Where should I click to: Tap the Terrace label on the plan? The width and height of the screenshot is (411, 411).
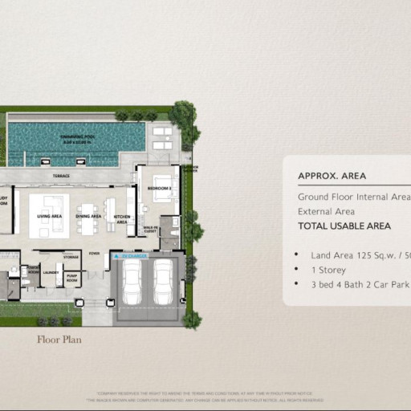(62, 176)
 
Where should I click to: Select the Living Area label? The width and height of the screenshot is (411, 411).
(50, 216)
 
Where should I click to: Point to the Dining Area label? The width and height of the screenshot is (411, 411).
(88, 216)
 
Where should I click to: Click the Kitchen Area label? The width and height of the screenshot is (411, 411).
(121, 218)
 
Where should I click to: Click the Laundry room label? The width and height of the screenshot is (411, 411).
(50, 272)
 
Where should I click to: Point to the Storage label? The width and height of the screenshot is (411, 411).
(71, 258)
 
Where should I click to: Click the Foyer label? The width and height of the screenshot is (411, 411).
(95, 254)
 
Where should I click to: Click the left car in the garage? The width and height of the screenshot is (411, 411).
(132, 282)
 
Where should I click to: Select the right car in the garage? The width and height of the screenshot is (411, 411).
(163, 282)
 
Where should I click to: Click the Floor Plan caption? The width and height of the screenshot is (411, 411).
(59, 340)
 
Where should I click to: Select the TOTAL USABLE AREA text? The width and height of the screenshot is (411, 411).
(344, 226)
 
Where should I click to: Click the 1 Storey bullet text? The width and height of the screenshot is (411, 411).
(331, 270)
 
